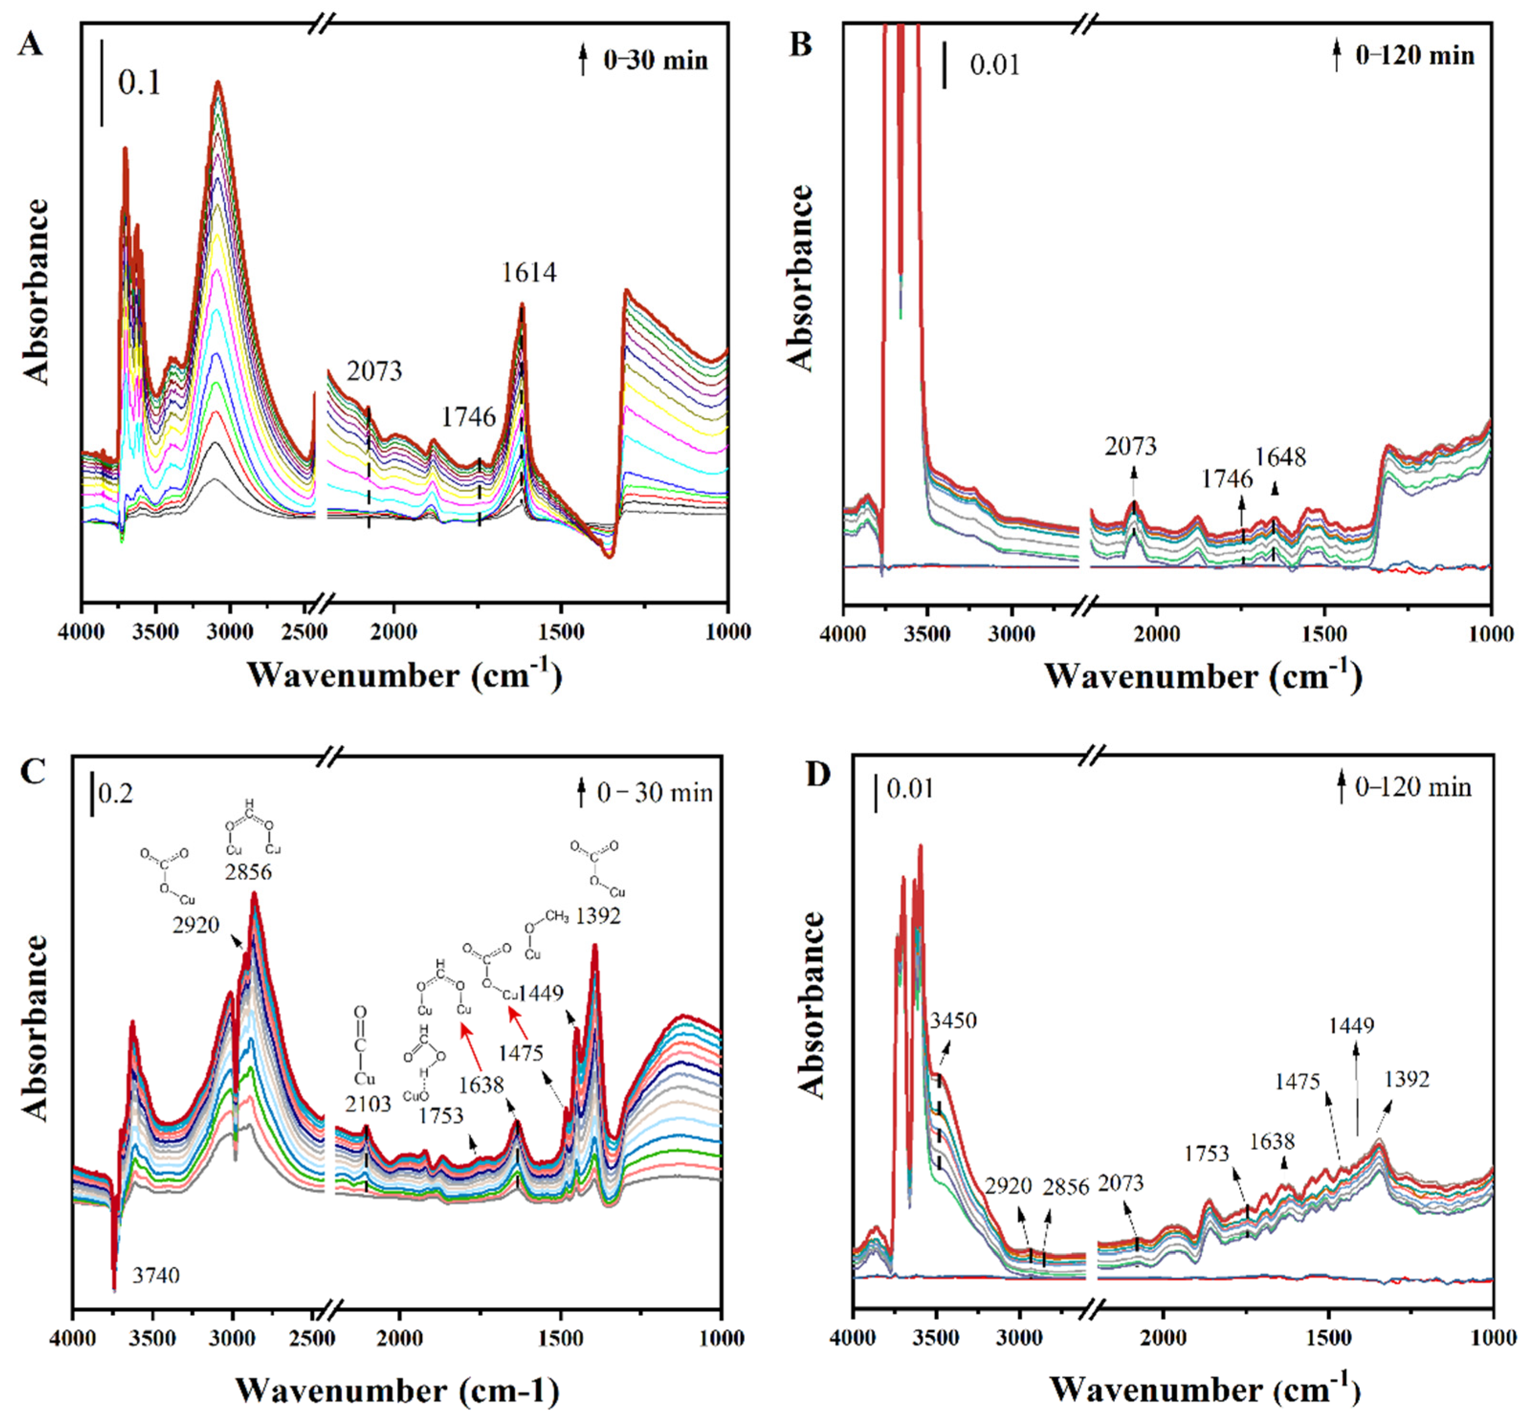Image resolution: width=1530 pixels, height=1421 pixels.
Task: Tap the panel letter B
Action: click(x=801, y=44)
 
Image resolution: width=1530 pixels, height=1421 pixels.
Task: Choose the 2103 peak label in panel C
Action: click(x=368, y=1104)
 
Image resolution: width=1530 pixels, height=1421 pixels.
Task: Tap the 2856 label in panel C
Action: click(x=248, y=873)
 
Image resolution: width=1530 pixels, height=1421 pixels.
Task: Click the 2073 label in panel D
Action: click(x=1121, y=1183)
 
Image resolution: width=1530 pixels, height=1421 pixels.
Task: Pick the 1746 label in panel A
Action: click(x=468, y=417)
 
